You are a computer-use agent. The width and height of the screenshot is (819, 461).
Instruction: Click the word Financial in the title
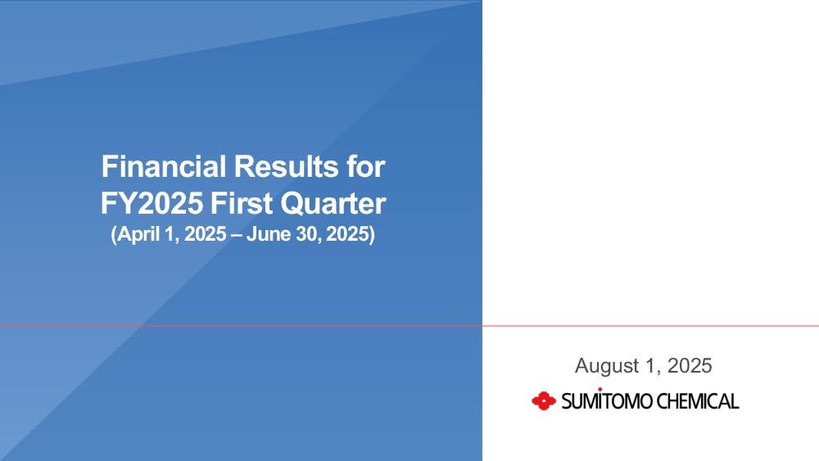point(164,166)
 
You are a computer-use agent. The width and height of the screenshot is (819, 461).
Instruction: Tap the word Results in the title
point(286,166)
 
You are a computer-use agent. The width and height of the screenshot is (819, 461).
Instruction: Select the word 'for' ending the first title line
point(365,166)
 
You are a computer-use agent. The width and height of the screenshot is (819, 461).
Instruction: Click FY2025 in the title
point(152,203)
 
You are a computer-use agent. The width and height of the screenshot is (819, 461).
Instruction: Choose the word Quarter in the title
point(333,204)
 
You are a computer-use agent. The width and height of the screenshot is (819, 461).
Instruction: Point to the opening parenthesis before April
point(113,234)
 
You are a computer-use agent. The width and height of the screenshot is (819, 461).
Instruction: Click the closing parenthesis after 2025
point(372,234)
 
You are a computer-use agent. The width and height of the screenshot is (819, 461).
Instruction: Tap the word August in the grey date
point(607,366)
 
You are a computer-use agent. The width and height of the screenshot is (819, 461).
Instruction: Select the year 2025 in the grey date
point(690,365)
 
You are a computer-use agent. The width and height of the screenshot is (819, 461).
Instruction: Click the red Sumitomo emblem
point(544,401)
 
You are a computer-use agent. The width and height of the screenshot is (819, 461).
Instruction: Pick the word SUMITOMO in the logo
point(607,401)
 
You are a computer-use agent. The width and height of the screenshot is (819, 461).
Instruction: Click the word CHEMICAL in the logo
point(697,401)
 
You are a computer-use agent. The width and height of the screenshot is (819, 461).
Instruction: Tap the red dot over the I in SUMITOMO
point(600,389)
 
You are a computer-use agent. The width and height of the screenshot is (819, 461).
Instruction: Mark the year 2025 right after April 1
point(206,234)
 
